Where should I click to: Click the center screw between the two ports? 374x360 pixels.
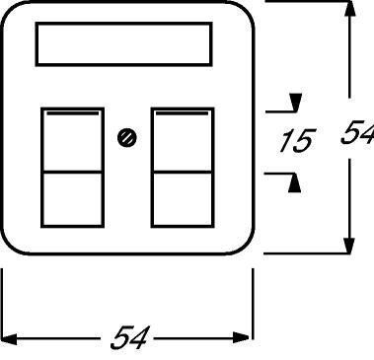pos(127,138)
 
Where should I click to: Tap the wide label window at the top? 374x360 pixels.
pos(124,44)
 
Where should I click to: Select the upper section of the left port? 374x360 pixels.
pos(72,141)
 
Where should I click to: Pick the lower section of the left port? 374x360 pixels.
pos(72,199)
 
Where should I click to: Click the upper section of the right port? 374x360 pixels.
pos(183,141)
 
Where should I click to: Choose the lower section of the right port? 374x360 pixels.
pos(183,199)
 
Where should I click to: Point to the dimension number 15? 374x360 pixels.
pos(297,141)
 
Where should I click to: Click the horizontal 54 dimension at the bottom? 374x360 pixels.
pos(130,337)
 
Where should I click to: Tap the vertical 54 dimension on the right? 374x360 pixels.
pos(357,132)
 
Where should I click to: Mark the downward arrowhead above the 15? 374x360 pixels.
pos(295,103)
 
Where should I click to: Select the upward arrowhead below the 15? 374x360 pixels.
pos(294,182)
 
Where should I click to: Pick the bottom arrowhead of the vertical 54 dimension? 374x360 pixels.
pos(349,245)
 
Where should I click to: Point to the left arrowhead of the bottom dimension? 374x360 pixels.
pos(9,339)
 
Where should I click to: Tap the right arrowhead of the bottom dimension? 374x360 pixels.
pos(241,337)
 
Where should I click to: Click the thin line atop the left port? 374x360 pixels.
pos(73,113)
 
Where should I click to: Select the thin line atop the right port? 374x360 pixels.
pos(182,113)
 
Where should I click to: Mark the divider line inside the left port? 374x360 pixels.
pos(72,172)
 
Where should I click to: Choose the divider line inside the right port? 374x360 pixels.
pos(183,172)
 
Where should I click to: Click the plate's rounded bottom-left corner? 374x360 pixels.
pos(11,245)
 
